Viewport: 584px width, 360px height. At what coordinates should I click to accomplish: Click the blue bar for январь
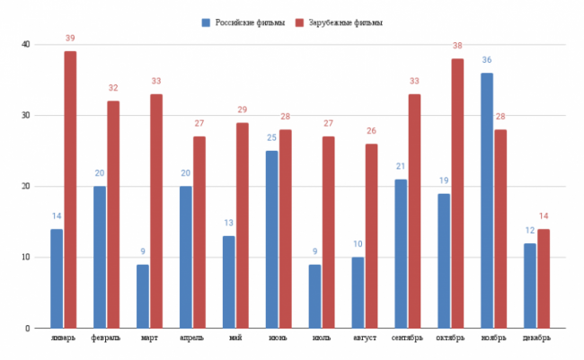point(57,278)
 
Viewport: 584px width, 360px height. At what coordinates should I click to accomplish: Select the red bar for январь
point(70,189)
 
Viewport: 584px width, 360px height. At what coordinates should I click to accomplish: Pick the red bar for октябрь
point(457,193)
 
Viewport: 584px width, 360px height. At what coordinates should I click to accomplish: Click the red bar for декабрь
point(544,278)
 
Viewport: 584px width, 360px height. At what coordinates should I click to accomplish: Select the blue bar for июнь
point(271,239)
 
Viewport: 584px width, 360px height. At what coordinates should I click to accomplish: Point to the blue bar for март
point(143,296)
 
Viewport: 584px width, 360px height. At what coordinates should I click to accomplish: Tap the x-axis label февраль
point(107,338)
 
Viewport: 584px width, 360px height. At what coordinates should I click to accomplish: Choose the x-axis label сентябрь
point(408,338)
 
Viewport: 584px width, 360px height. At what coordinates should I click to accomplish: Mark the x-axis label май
point(235,338)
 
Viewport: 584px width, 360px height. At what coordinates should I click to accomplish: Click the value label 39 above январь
point(70,38)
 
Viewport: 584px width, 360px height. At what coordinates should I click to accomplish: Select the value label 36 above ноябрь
point(487,60)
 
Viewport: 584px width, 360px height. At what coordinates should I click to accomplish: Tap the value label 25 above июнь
point(271,138)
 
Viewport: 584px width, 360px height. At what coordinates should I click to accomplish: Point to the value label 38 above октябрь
point(457,45)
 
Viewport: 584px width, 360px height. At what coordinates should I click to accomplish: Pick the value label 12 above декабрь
point(529,231)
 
